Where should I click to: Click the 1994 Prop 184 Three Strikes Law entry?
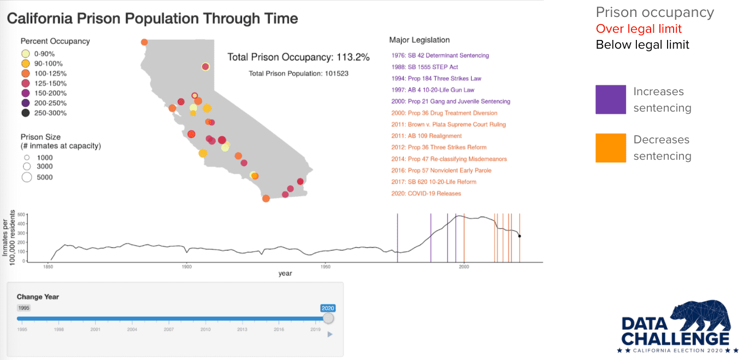tap(436, 78)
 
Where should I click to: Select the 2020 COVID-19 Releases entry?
tap(426, 193)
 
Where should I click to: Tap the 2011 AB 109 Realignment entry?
tap(427, 136)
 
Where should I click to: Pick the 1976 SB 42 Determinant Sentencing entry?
tap(440, 55)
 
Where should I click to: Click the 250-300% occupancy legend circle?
tap(26, 113)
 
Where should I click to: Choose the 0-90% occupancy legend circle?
tap(26, 54)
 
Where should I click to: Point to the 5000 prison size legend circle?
tap(26, 177)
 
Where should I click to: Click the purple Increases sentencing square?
tap(611, 100)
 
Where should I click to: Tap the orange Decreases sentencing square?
tap(611, 148)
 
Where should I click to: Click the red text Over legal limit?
tap(639, 28)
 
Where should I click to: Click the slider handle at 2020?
tap(328, 318)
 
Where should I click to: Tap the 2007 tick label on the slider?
tap(169, 329)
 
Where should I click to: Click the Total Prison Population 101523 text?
tap(298, 73)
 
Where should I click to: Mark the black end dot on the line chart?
tap(519, 236)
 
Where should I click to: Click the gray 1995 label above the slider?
tap(24, 308)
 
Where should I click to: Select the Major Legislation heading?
tap(419, 40)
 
